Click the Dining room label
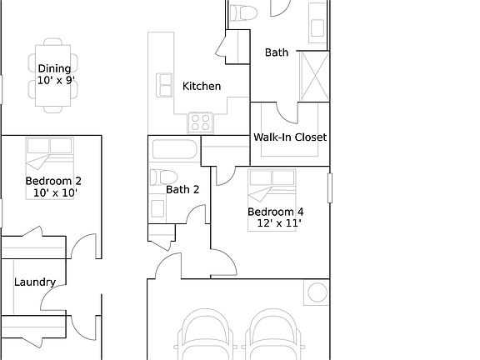tap(55, 69)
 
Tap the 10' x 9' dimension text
tap(55, 82)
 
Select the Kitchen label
tap(202, 86)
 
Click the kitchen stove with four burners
tap(200, 123)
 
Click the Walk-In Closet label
tap(290, 137)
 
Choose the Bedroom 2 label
tap(53, 181)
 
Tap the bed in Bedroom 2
tap(50, 153)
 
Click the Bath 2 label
tap(182, 189)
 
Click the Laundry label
tap(35, 282)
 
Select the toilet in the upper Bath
tap(243, 13)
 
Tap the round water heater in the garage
tap(317, 292)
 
